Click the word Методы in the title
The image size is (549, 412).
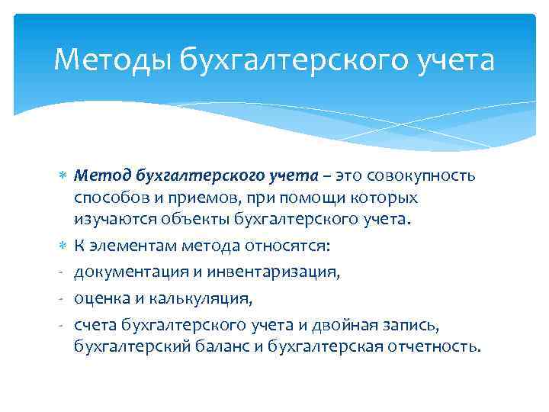(x=112, y=60)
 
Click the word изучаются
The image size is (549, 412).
(x=112, y=220)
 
